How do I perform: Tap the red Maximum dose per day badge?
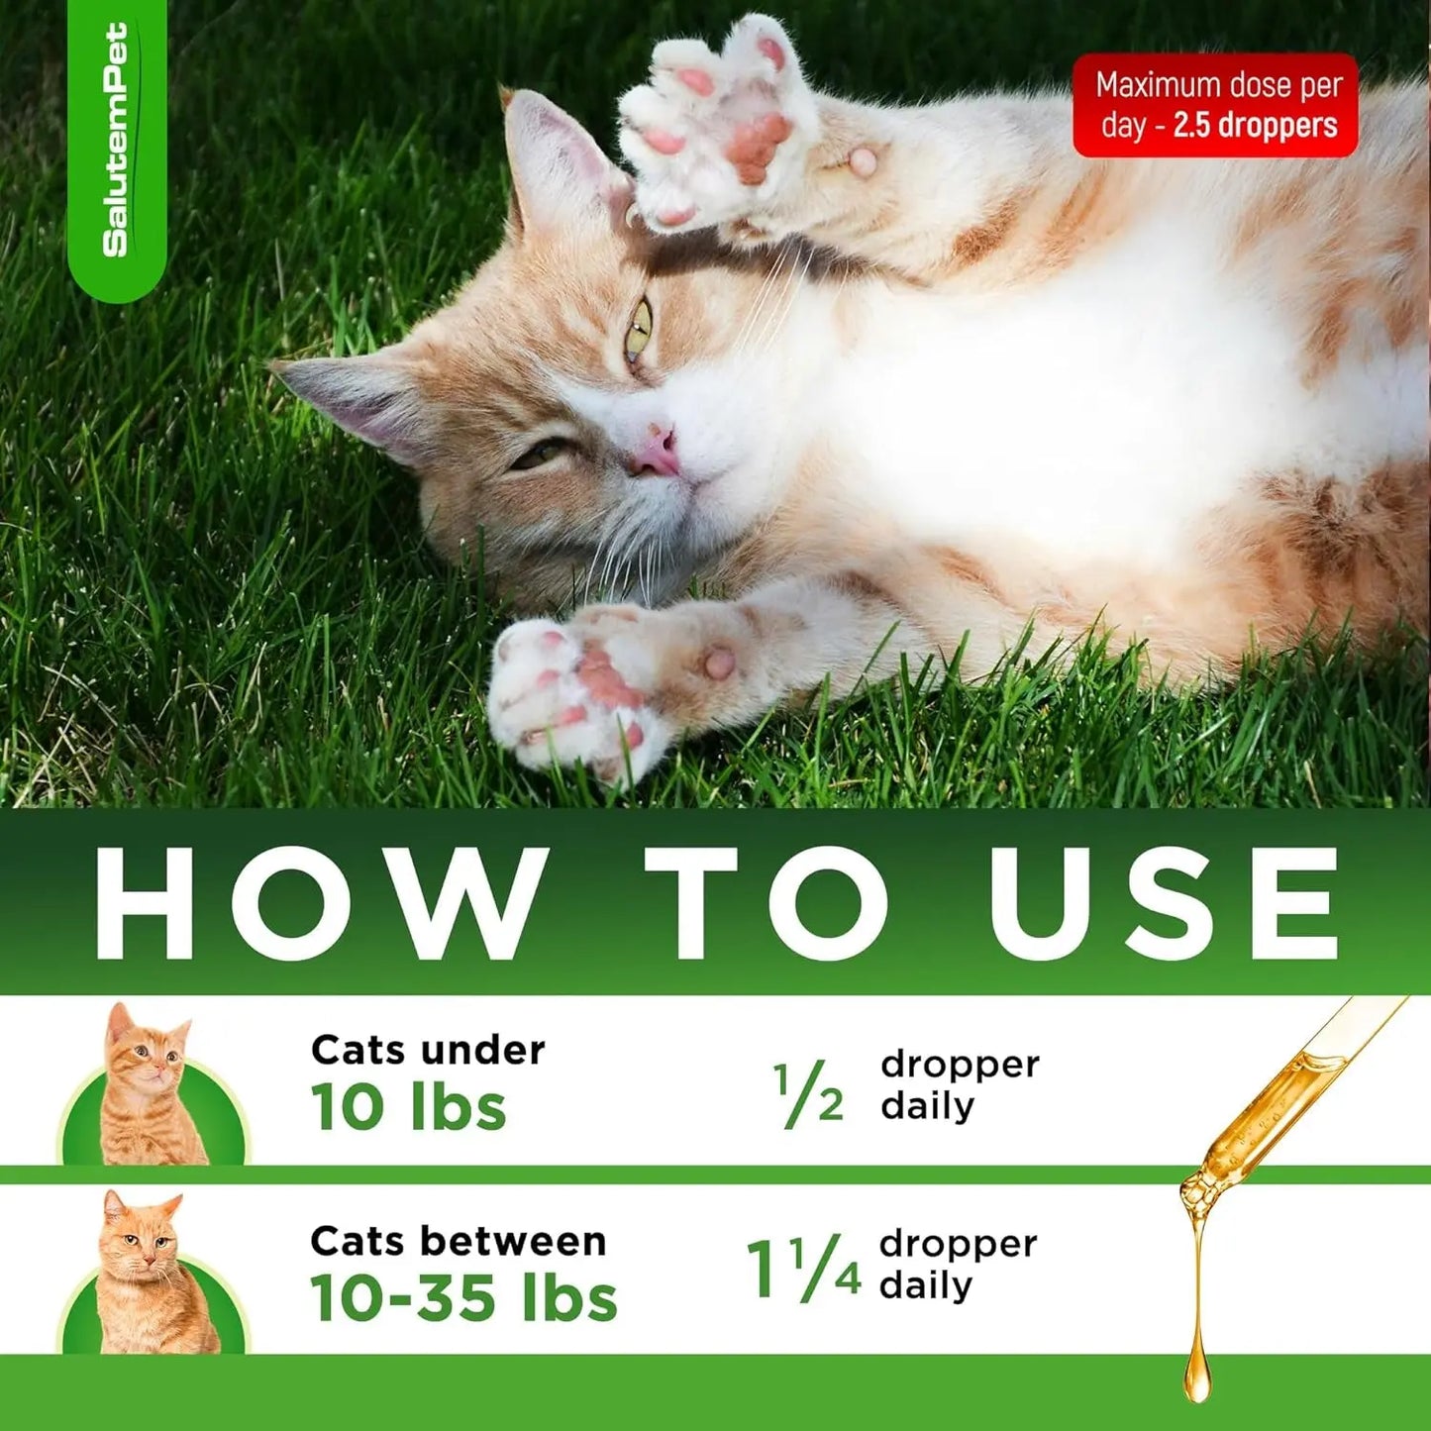point(1215,105)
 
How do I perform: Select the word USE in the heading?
point(1165,902)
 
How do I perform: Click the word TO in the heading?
point(767,902)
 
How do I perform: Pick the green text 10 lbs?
point(408,1107)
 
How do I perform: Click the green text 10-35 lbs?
point(462,1297)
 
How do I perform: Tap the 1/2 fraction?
point(808,1094)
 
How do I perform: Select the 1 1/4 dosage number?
point(803,1269)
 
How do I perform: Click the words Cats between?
point(458,1241)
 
